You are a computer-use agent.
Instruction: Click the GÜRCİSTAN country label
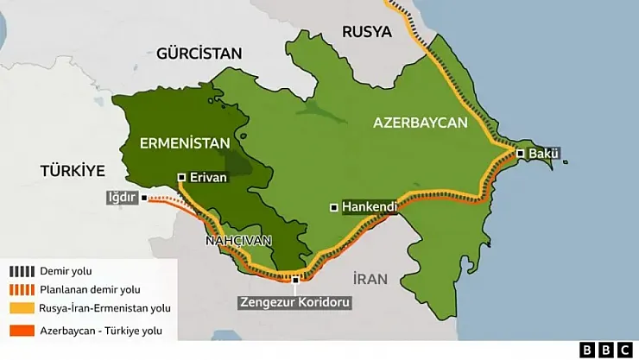tap(199, 54)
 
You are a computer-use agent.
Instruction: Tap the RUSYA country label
tap(367, 32)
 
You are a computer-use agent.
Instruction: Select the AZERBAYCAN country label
tap(420, 123)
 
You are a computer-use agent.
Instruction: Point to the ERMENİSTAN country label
tap(186, 143)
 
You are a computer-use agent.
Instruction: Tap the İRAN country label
tap(370, 279)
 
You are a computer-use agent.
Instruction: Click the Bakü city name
tap(544, 154)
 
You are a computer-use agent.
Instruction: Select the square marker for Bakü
tap(521, 154)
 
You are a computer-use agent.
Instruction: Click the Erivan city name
tap(207, 177)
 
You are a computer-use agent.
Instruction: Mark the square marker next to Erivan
tap(181, 177)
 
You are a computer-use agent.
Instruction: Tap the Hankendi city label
tap(370, 207)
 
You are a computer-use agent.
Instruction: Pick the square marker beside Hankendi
tap(334, 207)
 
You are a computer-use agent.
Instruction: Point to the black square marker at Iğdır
tap(144, 197)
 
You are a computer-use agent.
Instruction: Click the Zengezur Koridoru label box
tap(296, 303)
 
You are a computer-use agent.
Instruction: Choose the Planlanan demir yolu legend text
tap(89, 290)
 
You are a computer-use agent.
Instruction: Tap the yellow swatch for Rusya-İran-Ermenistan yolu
tap(21, 308)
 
